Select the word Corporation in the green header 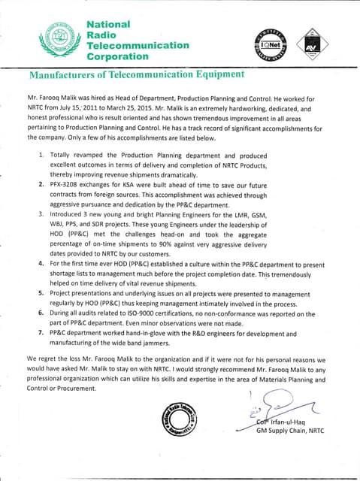(x=117, y=56)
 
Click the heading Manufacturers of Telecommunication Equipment (x=136, y=75)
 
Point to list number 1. (x=41, y=153)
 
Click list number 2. (x=41, y=183)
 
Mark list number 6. (x=41, y=313)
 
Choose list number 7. (x=41, y=333)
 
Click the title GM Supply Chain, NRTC (x=289, y=431)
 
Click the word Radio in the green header (x=102, y=35)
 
